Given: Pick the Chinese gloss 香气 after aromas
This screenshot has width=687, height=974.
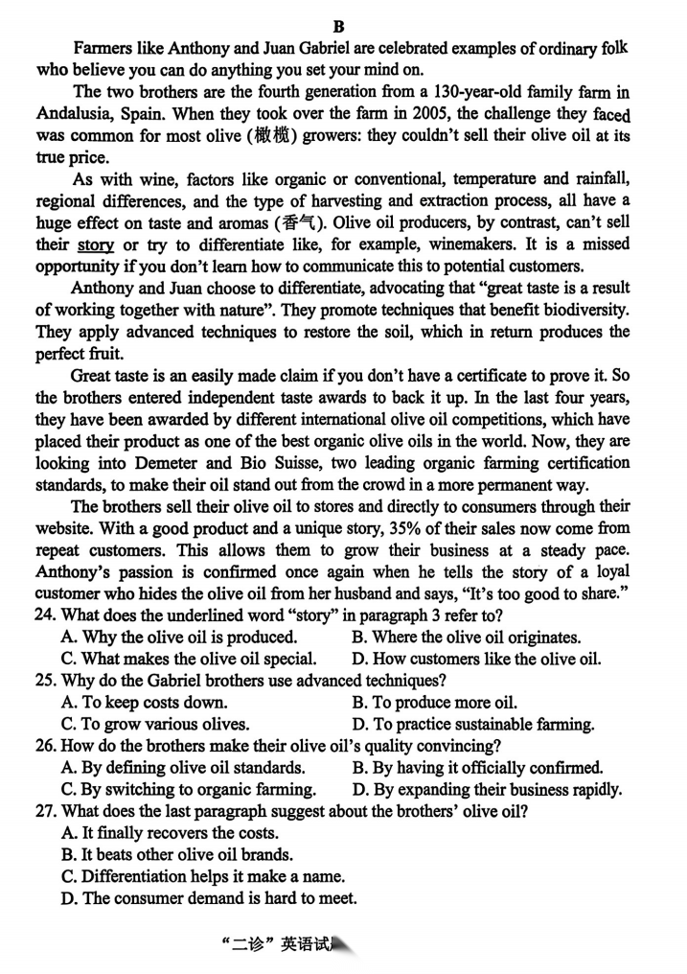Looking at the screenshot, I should pyautogui.click(x=295, y=223).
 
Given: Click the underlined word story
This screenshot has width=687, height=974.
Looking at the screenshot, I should pyautogui.click(x=95, y=244).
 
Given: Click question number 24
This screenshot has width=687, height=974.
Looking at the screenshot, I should pyautogui.click(x=47, y=616).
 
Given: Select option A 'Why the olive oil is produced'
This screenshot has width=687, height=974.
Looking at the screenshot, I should pyautogui.click(x=179, y=638).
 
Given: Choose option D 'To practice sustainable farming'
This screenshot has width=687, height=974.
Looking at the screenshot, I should pyautogui.click(x=473, y=724).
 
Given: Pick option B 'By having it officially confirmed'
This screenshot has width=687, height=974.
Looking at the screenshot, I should pyautogui.click(x=477, y=767).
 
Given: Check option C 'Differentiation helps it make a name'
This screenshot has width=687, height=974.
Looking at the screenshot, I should pyautogui.click(x=202, y=876).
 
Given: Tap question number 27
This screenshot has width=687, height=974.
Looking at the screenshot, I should pyautogui.click(x=47, y=811).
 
